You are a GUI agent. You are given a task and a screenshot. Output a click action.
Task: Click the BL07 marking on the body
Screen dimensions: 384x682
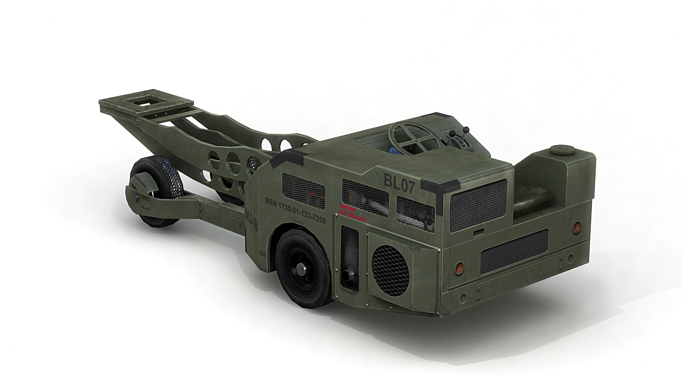click(x=399, y=179)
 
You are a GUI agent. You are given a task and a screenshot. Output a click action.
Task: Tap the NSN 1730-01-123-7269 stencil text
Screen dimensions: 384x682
click(x=295, y=210)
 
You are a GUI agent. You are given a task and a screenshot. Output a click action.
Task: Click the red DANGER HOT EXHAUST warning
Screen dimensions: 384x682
click(x=349, y=211)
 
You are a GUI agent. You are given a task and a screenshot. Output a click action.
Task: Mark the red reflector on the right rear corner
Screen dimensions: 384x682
click(x=576, y=228)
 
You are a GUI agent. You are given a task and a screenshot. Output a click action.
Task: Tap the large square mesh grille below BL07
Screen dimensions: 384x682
click(x=478, y=204)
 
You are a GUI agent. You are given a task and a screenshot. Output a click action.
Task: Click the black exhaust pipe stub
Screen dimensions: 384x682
click(x=349, y=275)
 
